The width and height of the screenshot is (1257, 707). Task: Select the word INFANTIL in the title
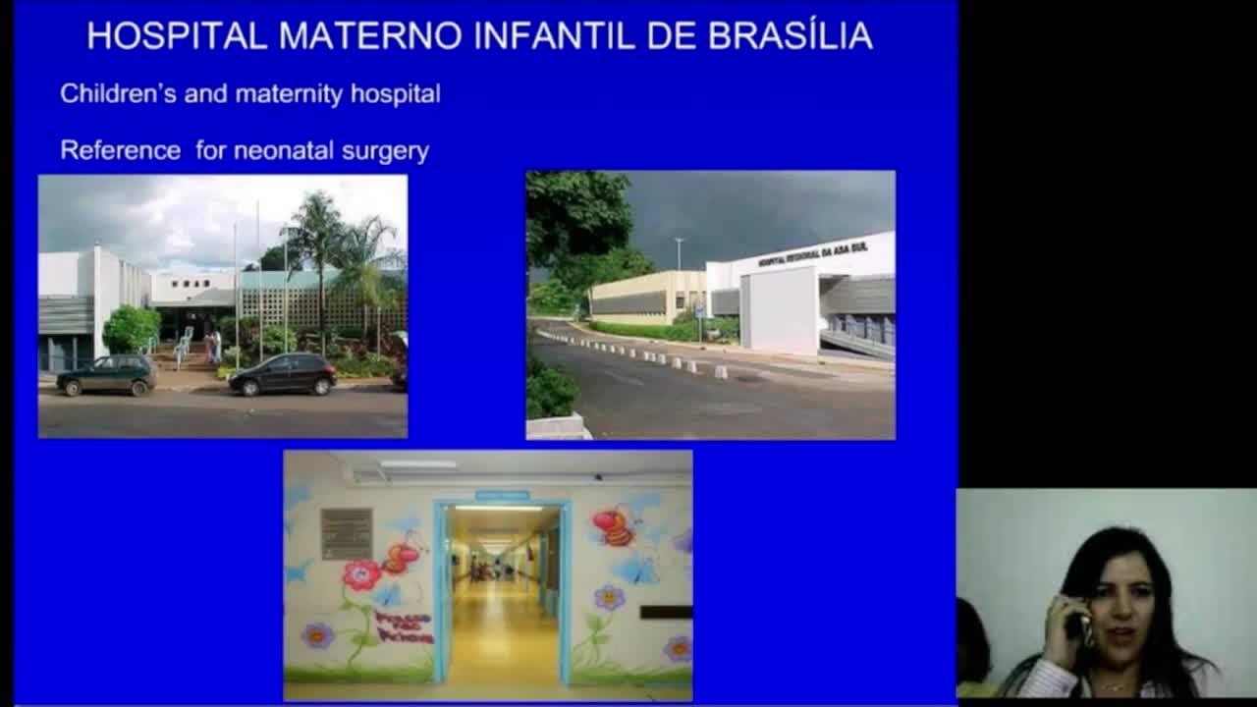point(555,36)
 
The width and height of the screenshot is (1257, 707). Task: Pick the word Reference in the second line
point(120,150)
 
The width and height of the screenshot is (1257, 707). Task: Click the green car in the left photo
point(106,374)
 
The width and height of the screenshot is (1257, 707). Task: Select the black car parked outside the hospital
point(283,373)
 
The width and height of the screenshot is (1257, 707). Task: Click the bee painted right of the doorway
point(614,527)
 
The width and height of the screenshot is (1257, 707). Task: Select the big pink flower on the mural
point(360,575)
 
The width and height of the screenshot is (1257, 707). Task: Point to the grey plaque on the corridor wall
point(347,533)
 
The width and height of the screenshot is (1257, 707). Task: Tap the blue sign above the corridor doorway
point(502,495)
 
